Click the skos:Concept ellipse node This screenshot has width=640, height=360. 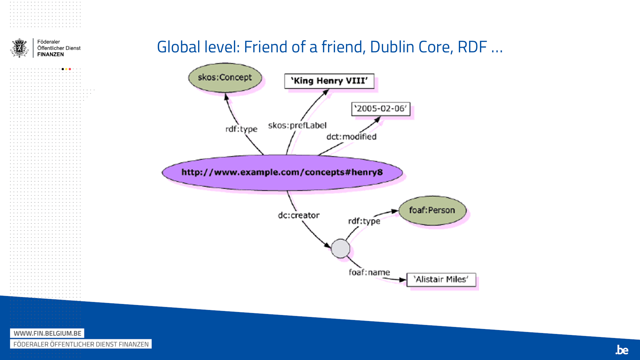point(225,78)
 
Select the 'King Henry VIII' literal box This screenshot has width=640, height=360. point(329,81)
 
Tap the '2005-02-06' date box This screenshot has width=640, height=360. point(380,109)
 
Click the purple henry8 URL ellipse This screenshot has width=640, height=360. point(282,172)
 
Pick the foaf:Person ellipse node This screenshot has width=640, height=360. point(432,210)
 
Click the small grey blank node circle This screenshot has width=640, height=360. point(340,248)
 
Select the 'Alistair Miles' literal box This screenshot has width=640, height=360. point(441,280)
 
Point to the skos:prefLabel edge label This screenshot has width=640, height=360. point(297,125)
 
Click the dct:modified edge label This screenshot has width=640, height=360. point(351,137)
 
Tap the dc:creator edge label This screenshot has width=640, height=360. point(299,215)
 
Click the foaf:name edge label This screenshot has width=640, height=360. point(369,272)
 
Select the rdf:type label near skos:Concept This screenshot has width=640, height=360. point(241,129)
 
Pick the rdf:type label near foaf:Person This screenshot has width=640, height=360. point(364,221)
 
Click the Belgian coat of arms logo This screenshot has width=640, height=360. point(20,48)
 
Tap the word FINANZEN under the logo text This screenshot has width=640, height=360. point(51,54)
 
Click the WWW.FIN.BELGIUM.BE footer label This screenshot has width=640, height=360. point(47,333)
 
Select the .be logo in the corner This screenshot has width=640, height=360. point(622,350)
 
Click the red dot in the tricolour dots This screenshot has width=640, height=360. point(70,69)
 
